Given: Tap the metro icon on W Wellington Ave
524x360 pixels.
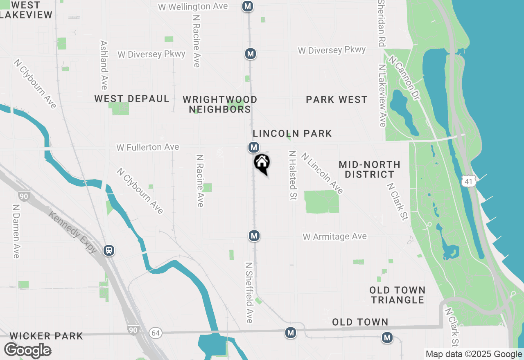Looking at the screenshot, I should (x=247, y=6).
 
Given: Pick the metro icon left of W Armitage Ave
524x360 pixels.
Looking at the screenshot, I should (x=254, y=236).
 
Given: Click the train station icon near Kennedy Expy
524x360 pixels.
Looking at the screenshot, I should (x=109, y=250).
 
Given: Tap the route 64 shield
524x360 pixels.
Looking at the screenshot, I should (x=155, y=333).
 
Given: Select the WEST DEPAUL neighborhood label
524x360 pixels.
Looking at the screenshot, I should (x=132, y=99).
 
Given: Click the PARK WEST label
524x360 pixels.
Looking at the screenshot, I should (x=337, y=100).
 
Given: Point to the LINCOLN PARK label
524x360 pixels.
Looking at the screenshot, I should (x=292, y=134).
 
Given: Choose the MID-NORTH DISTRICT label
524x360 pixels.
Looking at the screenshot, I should (x=369, y=169).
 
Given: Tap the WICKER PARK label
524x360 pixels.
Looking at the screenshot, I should (x=46, y=336).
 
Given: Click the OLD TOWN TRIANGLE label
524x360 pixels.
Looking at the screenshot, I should (x=397, y=295).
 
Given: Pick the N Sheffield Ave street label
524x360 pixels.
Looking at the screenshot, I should (x=249, y=292).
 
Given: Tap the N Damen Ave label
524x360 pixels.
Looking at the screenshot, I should (x=16, y=232).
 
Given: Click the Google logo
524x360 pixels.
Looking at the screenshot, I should (x=27, y=351).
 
